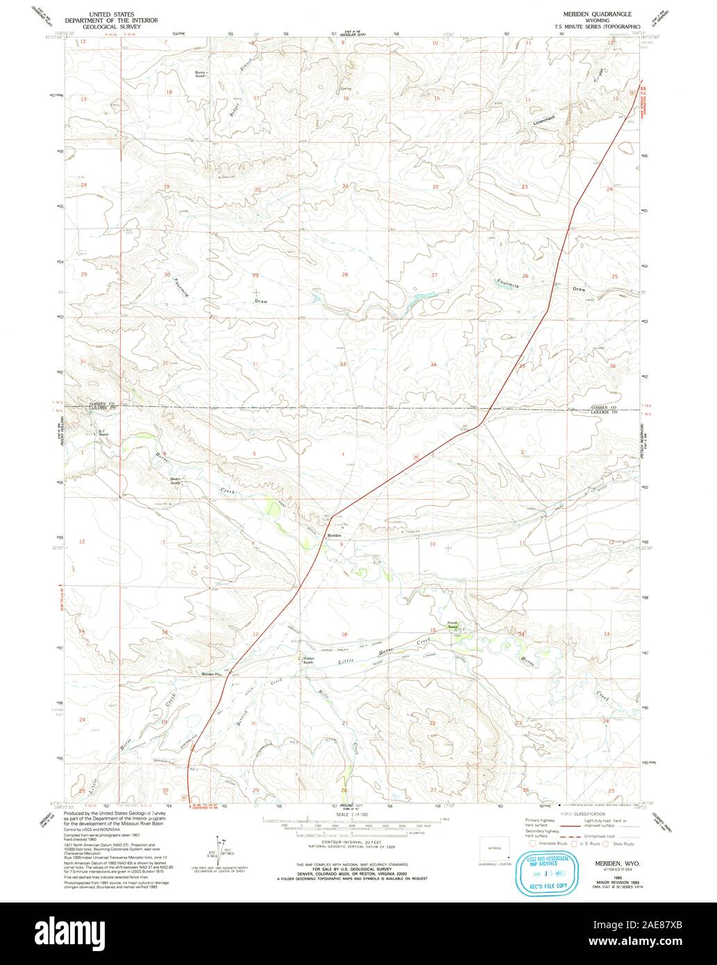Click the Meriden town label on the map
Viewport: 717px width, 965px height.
[x=334, y=535]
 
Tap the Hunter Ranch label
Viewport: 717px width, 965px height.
[x=307, y=660]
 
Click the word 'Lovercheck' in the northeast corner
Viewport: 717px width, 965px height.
[x=545, y=120]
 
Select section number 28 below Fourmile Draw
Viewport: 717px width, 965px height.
[x=344, y=275]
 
